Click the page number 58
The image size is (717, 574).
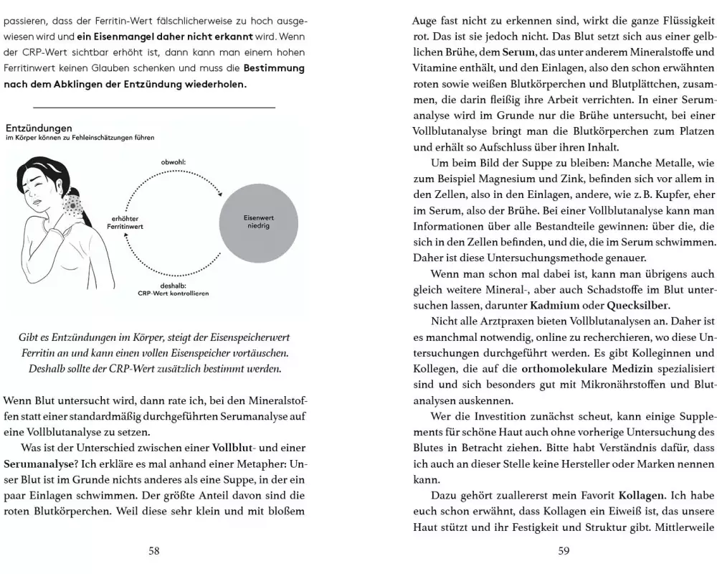(x=153, y=551)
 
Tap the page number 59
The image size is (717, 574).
(x=563, y=551)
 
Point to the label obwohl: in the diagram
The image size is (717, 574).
(x=174, y=162)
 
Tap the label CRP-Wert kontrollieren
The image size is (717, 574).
(x=174, y=293)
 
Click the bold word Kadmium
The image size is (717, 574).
(x=534, y=305)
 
